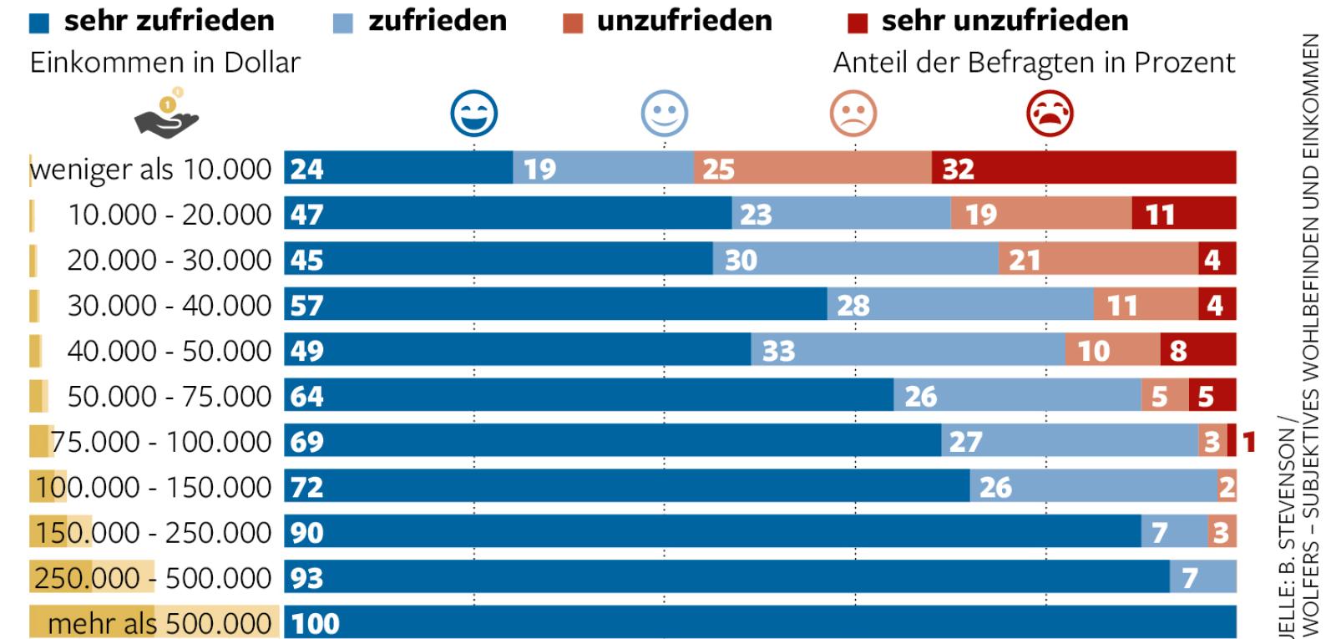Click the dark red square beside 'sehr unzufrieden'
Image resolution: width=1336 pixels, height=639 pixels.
pyautogui.click(x=858, y=23)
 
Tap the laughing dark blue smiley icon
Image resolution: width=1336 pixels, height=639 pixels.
pyautogui.click(x=473, y=114)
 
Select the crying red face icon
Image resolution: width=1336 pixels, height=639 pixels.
pyautogui.click(x=1050, y=114)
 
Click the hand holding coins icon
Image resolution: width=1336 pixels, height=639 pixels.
pyautogui.click(x=167, y=114)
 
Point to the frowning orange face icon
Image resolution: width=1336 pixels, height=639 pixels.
pyautogui.click(x=853, y=114)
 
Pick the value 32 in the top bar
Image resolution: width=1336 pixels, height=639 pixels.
pyautogui.click(x=958, y=170)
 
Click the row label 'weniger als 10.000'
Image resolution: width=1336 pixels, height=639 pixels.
pyautogui.click(x=151, y=169)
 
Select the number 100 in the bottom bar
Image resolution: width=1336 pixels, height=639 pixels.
pyautogui.click(x=315, y=623)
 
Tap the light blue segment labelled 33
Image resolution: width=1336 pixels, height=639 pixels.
pyautogui.click(x=907, y=350)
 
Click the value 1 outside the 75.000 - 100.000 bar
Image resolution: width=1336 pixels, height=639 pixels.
pyautogui.click(x=1248, y=441)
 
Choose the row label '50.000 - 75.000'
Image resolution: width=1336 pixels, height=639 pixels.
pyautogui.click(x=169, y=396)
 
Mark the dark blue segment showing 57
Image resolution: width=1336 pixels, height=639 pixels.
pyautogui.click(x=555, y=305)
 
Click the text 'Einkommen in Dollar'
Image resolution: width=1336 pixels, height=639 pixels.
pyautogui.click(x=164, y=63)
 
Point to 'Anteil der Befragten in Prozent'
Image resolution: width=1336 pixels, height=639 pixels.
pyautogui.click(x=1034, y=63)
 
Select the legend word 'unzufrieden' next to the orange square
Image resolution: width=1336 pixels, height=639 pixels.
pyautogui.click(x=684, y=21)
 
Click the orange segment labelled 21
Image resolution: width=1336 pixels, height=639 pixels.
pyautogui.click(x=1097, y=260)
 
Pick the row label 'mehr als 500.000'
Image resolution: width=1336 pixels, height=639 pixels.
pyautogui.click(x=159, y=623)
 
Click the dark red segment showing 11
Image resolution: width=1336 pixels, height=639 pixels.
pyautogui.click(x=1183, y=215)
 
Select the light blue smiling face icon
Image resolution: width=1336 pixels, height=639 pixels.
pyautogui.click(x=665, y=114)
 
